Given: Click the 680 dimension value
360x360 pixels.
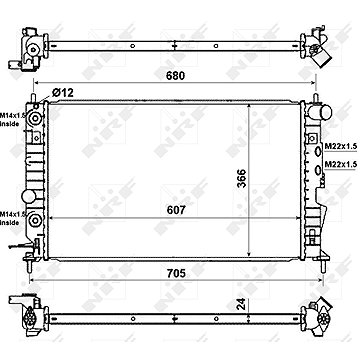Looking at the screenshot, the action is tap(176, 76).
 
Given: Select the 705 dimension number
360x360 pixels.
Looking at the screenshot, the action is tap(176, 274).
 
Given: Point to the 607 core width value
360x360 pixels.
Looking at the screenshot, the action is tap(176, 210).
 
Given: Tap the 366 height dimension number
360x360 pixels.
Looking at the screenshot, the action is tap(242, 178).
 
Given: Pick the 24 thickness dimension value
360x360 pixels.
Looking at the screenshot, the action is tap(242, 304).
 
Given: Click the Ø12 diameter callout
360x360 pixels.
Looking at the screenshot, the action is tap(63, 92).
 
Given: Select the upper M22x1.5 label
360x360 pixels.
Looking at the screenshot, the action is tap(340, 146).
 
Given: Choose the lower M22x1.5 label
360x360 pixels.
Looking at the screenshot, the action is tap(340, 164).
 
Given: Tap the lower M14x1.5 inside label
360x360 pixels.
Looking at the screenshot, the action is tap(12, 219).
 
